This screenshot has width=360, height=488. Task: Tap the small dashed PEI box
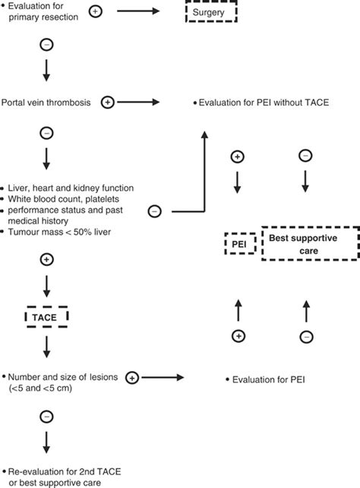(x=238, y=243)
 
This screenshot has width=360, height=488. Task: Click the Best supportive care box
(x=309, y=243)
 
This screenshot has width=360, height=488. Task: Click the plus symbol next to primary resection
(x=117, y=11)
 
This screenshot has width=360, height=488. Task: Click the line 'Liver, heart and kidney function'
(x=68, y=187)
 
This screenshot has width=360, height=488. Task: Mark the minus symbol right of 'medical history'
(x=154, y=211)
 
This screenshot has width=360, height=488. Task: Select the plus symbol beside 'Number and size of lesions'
(x=132, y=377)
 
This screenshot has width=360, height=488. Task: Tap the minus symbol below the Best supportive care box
(x=305, y=335)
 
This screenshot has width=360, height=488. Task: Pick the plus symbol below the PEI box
(x=238, y=335)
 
